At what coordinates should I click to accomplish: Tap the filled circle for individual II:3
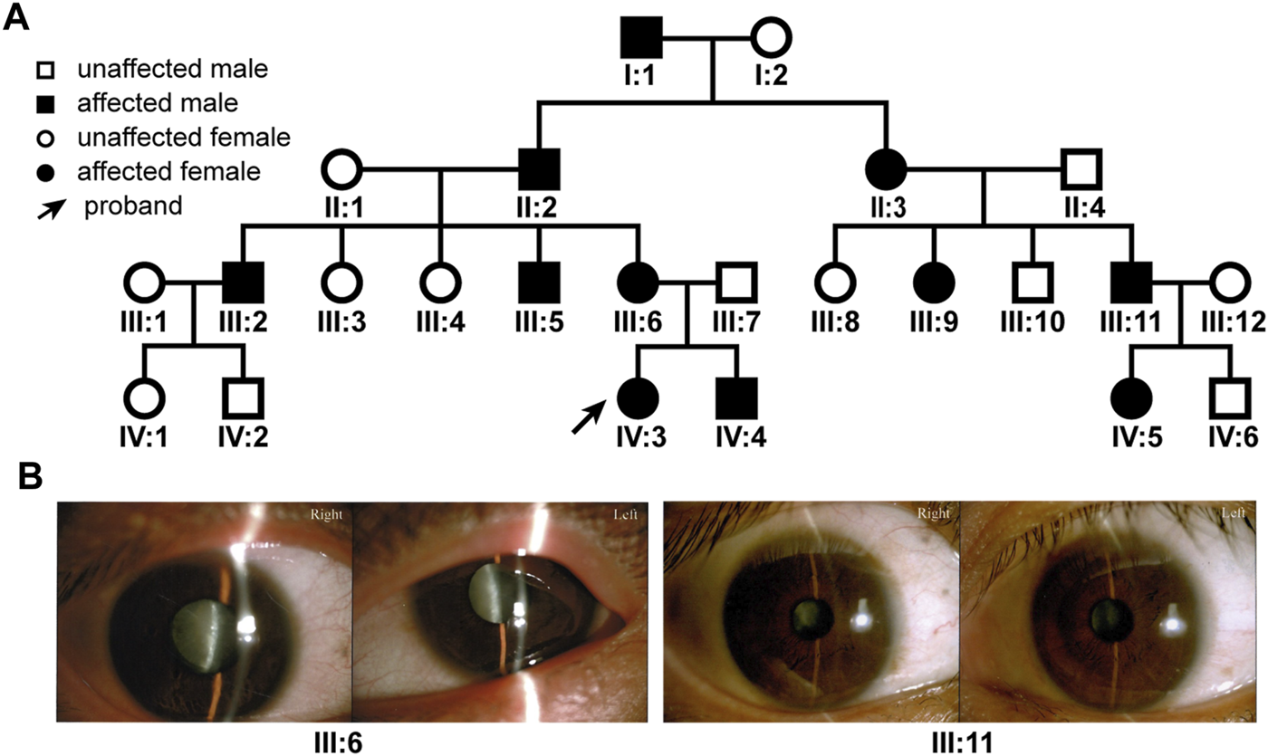[x=885, y=167]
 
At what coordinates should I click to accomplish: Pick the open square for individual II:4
[x=1081, y=167]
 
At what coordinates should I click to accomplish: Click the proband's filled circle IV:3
[x=638, y=397]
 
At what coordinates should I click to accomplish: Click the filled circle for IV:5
[x=1131, y=397]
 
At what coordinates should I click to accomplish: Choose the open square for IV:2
[x=243, y=397]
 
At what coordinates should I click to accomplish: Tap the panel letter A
[x=20, y=18]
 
